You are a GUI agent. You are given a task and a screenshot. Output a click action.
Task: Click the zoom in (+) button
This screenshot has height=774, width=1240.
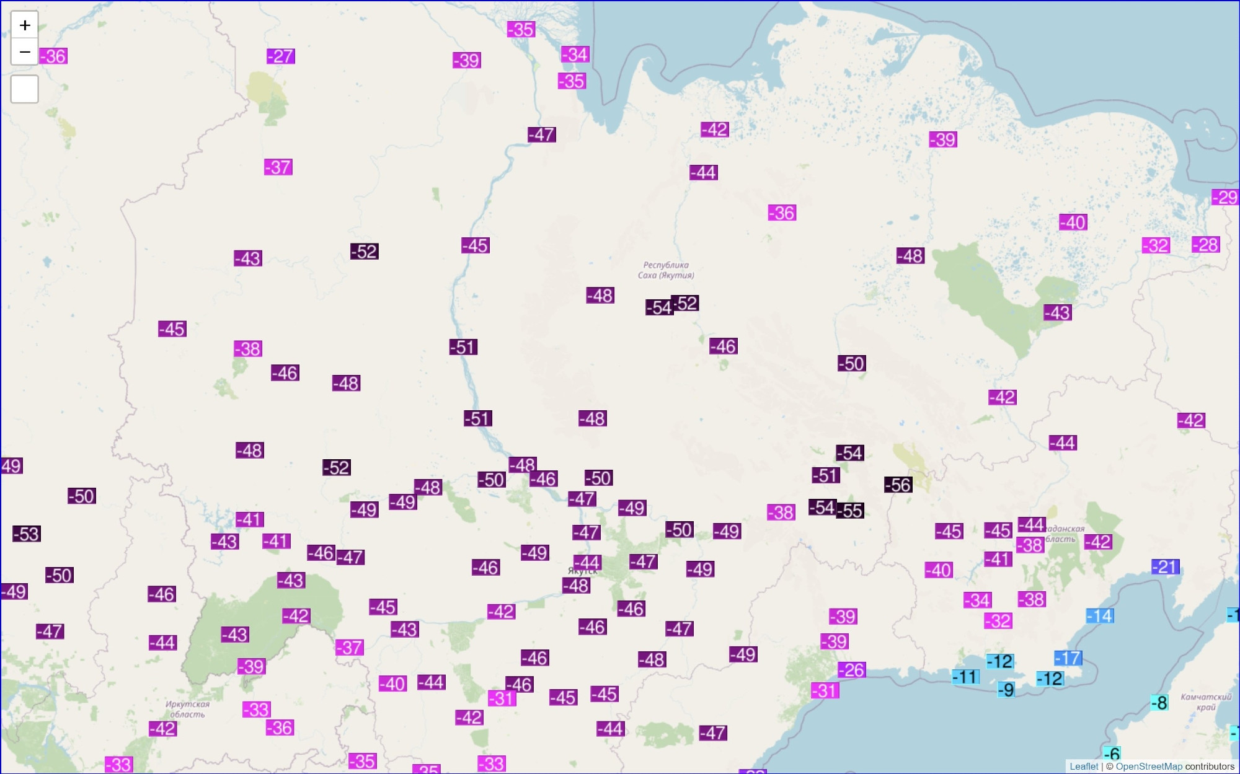pyautogui.click(x=25, y=25)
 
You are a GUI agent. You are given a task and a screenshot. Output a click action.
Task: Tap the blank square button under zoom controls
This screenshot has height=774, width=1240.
pyautogui.click(x=25, y=89)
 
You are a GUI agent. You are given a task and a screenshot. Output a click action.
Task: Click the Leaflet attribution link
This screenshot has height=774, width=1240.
pyautogui.click(x=1083, y=767)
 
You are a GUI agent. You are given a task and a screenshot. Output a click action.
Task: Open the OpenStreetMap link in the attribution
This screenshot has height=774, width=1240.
pyautogui.click(x=1148, y=767)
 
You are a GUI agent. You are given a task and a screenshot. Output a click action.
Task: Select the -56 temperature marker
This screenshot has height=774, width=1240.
pyautogui.click(x=898, y=485)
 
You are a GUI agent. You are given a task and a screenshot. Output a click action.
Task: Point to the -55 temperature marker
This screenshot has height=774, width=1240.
pyautogui.click(x=851, y=511)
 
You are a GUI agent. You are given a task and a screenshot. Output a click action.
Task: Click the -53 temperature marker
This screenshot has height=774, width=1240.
pyautogui.click(x=27, y=534)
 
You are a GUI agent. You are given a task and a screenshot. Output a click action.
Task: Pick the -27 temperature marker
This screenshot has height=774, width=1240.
pyautogui.click(x=281, y=56)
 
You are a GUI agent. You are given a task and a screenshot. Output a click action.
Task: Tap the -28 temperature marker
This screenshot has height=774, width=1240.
pyautogui.click(x=1205, y=245)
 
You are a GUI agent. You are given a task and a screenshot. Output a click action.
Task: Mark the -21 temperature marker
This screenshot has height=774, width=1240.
pyautogui.click(x=1166, y=567)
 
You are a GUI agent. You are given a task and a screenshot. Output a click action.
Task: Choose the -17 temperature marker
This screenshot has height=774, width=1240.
pyautogui.click(x=1068, y=658)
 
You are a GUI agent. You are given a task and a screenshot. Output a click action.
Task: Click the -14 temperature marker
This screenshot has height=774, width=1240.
pyautogui.click(x=1100, y=616)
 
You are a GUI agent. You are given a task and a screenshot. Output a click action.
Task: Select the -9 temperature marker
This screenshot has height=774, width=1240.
pyautogui.click(x=1006, y=690)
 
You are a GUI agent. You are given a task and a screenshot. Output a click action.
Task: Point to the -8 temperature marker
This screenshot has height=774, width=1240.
pyautogui.click(x=1159, y=703)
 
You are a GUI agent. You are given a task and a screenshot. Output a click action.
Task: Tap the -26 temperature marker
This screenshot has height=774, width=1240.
pyautogui.click(x=852, y=670)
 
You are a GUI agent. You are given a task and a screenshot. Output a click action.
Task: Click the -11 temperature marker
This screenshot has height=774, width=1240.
pyautogui.click(x=966, y=677)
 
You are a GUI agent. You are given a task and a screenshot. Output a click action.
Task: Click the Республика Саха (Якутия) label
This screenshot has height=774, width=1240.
pyautogui.click(x=666, y=270)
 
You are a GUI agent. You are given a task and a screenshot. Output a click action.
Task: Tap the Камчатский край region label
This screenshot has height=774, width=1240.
pyautogui.click(x=1205, y=701)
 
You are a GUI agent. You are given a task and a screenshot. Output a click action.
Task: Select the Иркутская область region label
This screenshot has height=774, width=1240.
pyautogui.click(x=187, y=709)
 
